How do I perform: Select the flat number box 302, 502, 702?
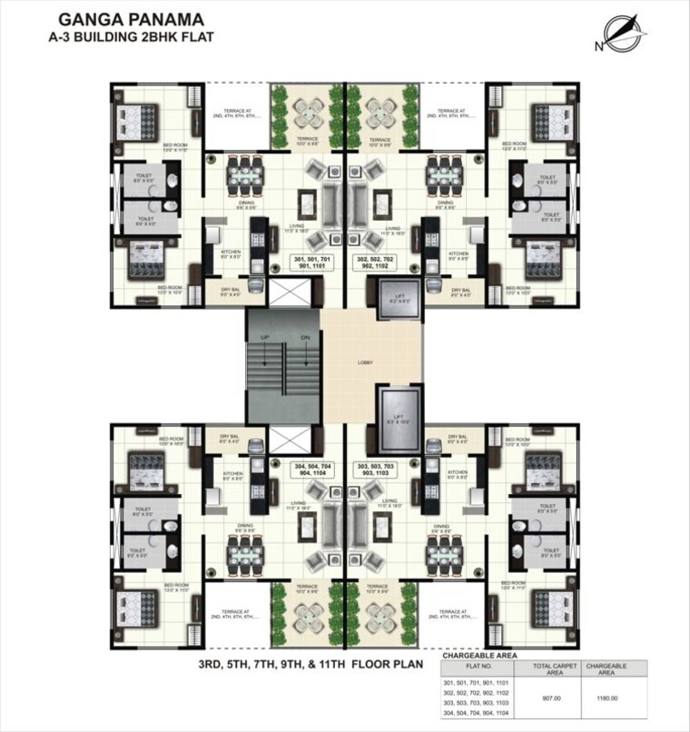382,265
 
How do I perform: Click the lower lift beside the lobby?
399,418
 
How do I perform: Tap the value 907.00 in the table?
550,697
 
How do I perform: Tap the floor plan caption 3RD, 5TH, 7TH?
311,664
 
